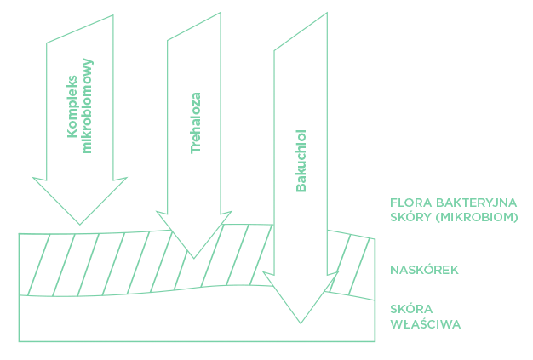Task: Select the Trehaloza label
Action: (196, 122)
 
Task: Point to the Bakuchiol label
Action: (301, 160)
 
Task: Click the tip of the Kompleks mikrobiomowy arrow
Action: (79, 224)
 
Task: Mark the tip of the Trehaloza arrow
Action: (195, 258)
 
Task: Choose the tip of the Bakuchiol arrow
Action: (301, 323)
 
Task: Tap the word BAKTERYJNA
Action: (477, 203)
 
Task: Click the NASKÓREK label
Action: (424, 271)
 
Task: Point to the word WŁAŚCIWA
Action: (426, 323)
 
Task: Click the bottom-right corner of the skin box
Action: (375, 341)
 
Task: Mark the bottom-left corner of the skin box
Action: (19, 341)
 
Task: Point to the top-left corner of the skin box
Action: (19, 233)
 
